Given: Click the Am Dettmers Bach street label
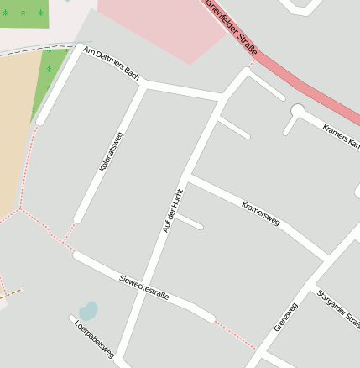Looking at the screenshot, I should click(111, 64).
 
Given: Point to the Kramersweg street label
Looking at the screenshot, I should click(260, 213).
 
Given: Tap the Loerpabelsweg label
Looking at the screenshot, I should click(94, 339).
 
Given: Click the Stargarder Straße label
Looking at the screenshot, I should click(338, 308).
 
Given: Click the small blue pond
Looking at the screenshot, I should click(88, 310).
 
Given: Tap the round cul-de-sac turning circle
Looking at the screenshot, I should click(297, 110).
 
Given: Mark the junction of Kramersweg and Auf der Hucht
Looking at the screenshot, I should click(189, 178).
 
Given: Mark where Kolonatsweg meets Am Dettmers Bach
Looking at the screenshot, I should click(143, 84).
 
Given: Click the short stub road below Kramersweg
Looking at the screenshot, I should click(189, 222).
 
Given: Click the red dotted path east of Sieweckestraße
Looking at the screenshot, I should click(234, 333).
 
